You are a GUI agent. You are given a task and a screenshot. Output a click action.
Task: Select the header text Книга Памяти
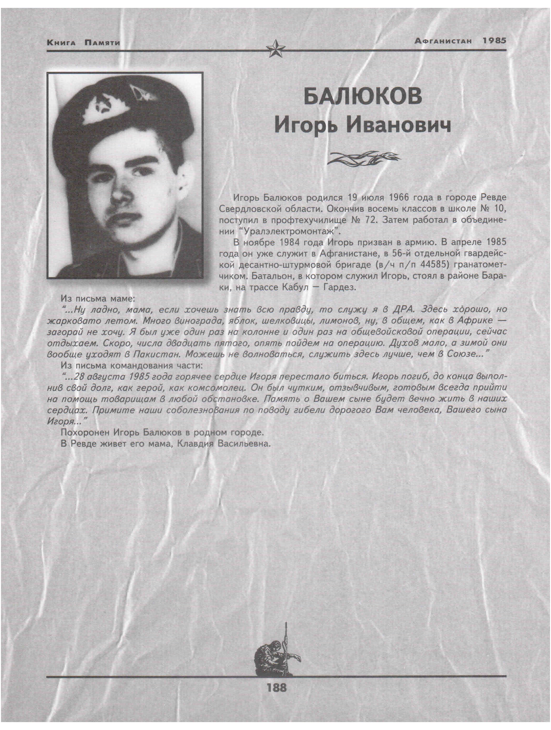pos(83,43)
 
